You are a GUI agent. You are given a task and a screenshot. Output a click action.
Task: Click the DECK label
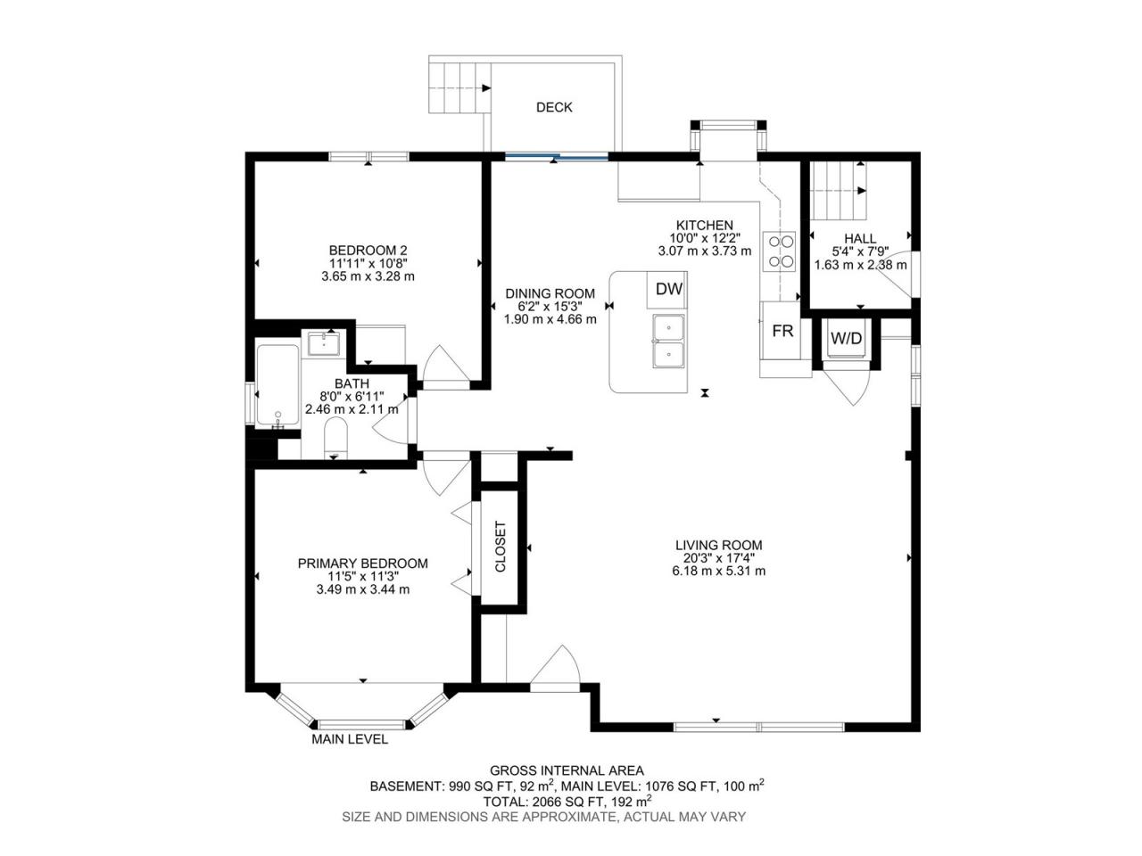(553, 107)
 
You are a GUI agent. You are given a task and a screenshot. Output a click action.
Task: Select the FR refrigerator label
(782, 331)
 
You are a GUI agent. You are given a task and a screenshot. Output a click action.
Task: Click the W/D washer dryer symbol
(846, 339)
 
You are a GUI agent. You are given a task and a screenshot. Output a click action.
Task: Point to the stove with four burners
(779, 251)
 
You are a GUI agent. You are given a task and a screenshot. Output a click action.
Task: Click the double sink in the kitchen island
(668, 341)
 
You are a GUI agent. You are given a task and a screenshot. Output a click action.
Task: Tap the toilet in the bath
(335, 440)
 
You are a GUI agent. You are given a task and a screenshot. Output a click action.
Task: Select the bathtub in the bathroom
(277, 386)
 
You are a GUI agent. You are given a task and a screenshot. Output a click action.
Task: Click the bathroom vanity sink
(324, 344)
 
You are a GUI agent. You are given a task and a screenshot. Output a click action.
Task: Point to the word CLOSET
(500, 547)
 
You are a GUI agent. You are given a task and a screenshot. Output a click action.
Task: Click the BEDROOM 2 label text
(368, 250)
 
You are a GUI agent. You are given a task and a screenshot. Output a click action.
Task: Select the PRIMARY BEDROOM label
(362, 564)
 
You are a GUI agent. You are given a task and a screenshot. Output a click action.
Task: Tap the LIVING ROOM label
(718, 545)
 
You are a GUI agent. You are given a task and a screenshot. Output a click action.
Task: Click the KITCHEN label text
(705, 225)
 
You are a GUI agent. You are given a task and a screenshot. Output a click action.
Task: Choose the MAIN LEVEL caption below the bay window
(350, 739)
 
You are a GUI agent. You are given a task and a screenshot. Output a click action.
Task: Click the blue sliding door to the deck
(556, 155)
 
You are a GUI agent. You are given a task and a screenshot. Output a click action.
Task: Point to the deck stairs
(459, 88)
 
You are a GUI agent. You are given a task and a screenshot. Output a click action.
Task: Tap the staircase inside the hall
(840, 191)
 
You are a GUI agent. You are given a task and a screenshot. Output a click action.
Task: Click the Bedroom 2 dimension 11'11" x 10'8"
(368, 264)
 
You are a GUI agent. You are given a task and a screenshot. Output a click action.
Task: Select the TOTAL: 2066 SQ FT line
(567, 801)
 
